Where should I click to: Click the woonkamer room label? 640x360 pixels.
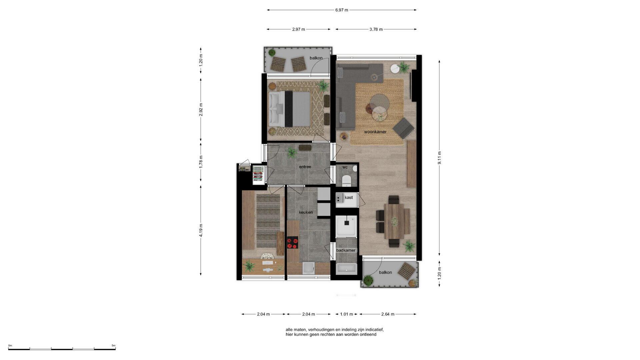[375, 132]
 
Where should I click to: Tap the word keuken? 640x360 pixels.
[306, 212]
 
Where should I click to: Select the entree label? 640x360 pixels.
[305, 167]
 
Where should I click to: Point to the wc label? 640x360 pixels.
[345, 167]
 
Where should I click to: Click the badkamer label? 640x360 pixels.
[346, 250]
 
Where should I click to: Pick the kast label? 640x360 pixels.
[349, 198]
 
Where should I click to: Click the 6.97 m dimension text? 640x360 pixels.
[342, 10]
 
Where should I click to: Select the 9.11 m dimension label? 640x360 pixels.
[439, 158]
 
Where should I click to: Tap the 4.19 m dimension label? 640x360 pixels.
[201, 230]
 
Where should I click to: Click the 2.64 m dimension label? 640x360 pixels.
[388, 314]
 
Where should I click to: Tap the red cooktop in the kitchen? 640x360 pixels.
[293, 242]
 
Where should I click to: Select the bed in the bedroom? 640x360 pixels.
[290, 109]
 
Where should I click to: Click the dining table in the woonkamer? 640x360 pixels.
[397, 221]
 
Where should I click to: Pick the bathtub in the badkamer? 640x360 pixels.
[346, 269]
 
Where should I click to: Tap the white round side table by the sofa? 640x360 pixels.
[395, 68]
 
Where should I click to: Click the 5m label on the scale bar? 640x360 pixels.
[113, 345]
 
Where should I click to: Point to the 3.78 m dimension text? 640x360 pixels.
[376, 29]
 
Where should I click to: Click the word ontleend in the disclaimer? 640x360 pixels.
[368, 334]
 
